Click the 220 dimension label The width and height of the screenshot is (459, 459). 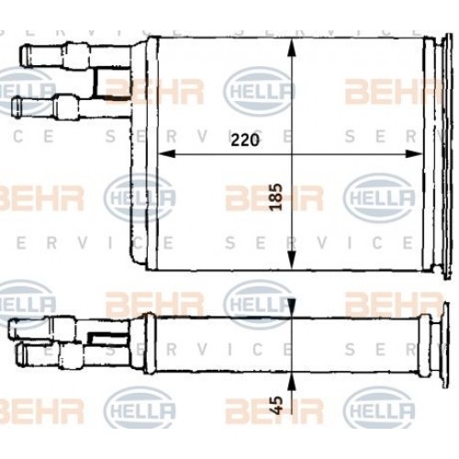(245, 140)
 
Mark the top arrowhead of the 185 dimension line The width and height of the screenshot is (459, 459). (291, 46)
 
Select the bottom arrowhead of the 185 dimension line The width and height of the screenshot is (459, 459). (291, 264)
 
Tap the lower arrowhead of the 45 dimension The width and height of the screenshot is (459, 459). (291, 377)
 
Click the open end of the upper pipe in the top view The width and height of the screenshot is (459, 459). (22, 54)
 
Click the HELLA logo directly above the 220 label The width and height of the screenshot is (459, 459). (260, 90)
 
